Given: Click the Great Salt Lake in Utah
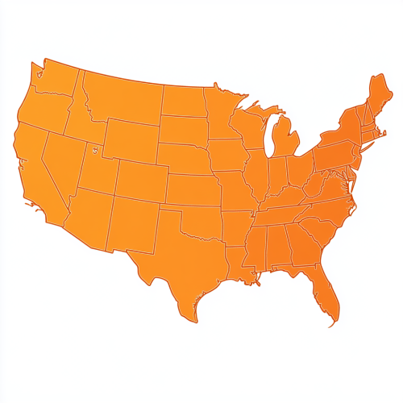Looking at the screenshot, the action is [94, 148].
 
